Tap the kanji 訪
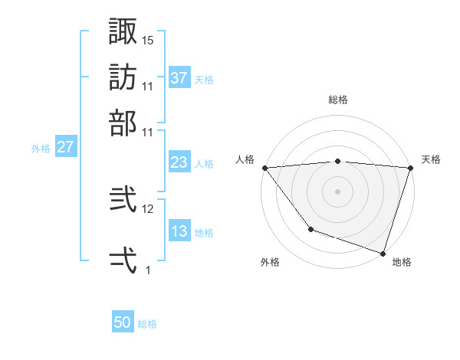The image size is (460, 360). click(123, 77)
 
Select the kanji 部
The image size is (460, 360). click(123, 123)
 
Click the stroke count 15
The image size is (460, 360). click(148, 40)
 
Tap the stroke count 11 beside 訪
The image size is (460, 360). click(148, 86)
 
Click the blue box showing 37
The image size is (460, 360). click(179, 77)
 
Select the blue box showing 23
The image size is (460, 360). click(179, 162)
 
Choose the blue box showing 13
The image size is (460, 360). click(179, 231)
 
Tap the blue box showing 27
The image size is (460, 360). click(65, 147)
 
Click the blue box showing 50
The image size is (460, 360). click(123, 323)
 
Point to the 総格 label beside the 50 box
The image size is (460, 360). click(147, 324)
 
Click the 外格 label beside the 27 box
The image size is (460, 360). click(41, 148)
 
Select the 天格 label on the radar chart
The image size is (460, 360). click(431, 159)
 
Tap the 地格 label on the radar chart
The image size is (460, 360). click(402, 262)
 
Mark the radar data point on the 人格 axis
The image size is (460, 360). click(264, 168)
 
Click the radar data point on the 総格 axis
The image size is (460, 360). click(337, 161)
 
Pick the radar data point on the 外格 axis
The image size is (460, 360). click(310, 229)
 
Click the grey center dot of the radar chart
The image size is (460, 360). click(337, 191)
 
